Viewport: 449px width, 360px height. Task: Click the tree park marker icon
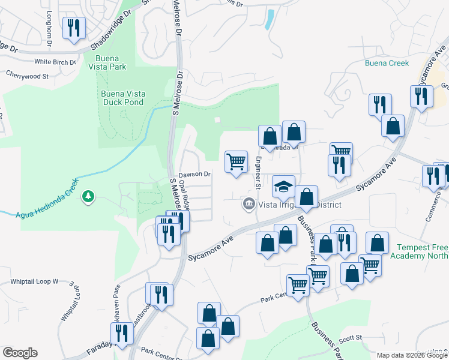point(89,196)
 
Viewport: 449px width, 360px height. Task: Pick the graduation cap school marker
point(283,187)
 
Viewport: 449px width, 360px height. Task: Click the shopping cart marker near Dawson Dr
point(236,161)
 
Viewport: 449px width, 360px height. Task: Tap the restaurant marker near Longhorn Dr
point(74,28)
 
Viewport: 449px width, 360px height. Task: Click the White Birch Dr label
point(55,62)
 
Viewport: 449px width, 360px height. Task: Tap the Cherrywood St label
point(27,75)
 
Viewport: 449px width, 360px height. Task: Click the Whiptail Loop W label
point(34,281)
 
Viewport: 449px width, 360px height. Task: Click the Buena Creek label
point(387,63)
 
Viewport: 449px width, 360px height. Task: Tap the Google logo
point(20,353)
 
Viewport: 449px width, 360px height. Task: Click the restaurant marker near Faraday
point(123,334)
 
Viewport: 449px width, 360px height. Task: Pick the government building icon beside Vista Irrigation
point(248,205)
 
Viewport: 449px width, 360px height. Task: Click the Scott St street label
point(351,338)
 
